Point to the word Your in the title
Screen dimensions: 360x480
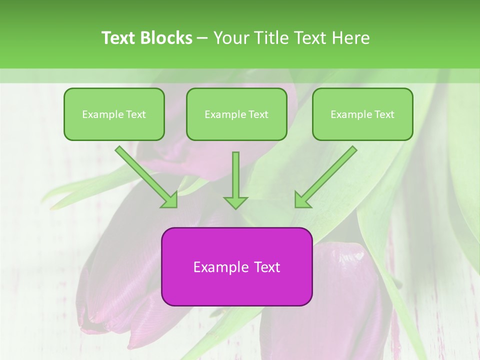click(229, 38)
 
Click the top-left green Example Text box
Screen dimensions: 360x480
click(114, 114)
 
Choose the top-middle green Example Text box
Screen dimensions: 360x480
click(236, 114)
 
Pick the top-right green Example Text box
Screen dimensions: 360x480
click(362, 114)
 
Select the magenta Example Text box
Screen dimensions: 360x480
click(236, 266)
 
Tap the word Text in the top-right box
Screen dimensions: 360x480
click(384, 114)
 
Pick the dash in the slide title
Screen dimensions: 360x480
click(202, 38)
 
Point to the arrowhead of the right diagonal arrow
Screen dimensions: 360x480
click(302, 199)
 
